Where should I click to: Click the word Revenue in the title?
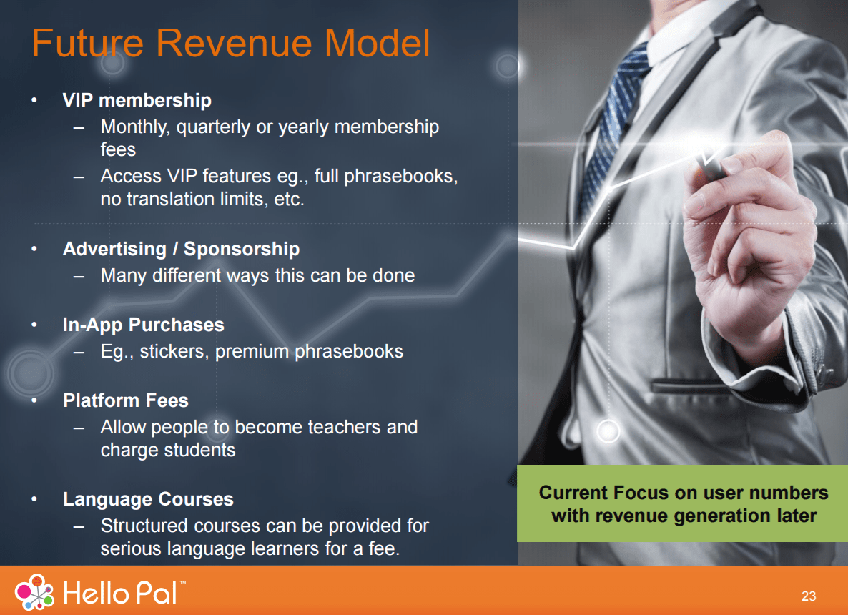click(235, 43)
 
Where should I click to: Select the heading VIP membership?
click(137, 100)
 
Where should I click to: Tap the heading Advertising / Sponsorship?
click(181, 249)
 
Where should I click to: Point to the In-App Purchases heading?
click(143, 325)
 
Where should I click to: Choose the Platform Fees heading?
click(125, 400)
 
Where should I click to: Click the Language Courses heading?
click(148, 498)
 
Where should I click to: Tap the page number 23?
click(809, 596)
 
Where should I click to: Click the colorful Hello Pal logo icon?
click(34, 591)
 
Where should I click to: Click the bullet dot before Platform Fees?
click(34, 400)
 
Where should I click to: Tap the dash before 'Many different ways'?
click(79, 277)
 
